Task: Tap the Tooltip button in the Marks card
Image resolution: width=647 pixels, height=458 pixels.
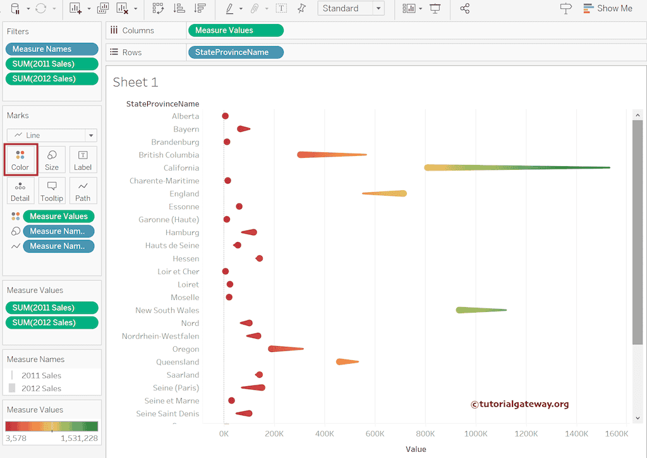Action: (x=52, y=190)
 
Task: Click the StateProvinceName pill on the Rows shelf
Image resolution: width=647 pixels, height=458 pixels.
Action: (x=235, y=52)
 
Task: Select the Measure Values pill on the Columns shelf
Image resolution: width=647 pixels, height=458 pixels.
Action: (x=235, y=30)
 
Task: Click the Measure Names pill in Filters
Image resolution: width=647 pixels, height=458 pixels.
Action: (x=51, y=49)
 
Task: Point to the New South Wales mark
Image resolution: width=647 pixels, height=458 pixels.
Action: (x=480, y=310)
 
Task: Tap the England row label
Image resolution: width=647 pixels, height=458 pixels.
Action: (x=184, y=194)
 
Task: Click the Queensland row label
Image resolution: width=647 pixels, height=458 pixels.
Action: (x=178, y=362)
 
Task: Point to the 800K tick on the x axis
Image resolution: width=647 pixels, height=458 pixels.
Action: (x=425, y=434)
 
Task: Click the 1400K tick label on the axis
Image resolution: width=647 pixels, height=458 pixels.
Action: (x=576, y=434)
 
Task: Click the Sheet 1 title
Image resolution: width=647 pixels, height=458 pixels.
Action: (x=135, y=82)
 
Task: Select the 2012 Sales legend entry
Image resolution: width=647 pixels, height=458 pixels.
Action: (x=41, y=389)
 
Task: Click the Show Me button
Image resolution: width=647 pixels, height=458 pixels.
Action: (x=607, y=8)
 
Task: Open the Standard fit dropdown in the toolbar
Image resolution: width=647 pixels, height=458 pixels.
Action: (x=351, y=8)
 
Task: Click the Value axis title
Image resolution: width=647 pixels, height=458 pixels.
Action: (x=416, y=449)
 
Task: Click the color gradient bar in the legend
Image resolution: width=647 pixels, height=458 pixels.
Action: (x=52, y=426)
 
